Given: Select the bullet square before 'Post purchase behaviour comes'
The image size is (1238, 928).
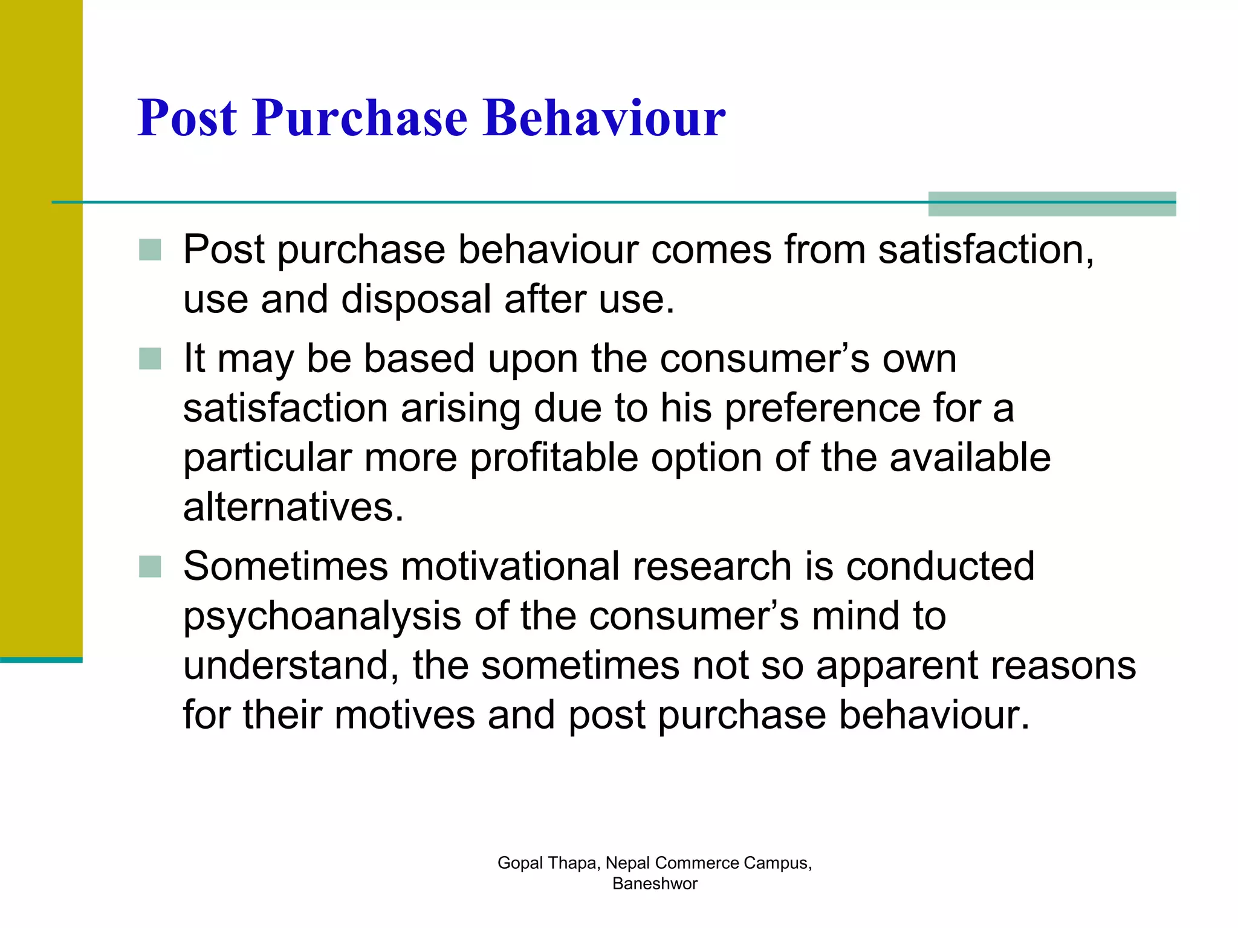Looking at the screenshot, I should [x=150, y=250].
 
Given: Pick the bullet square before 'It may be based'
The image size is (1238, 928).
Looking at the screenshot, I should [x=150, y=358].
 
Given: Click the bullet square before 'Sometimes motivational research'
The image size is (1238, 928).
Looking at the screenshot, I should [x=150, y=567].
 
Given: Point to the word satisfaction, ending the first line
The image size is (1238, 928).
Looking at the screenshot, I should [x=985, y=250].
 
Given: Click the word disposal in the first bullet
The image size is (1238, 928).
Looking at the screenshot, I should [x=416, y=299].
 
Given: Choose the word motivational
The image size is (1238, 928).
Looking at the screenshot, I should [x=510, y=567].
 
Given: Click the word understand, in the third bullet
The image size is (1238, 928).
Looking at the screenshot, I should [x=291, y=666].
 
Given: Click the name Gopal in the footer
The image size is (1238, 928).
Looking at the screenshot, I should [x=520, y=863].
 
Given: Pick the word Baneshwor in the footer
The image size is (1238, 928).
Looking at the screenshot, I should [x=655, y=883].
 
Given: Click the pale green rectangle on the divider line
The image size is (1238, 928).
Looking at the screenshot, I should [x=1052, y=204].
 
